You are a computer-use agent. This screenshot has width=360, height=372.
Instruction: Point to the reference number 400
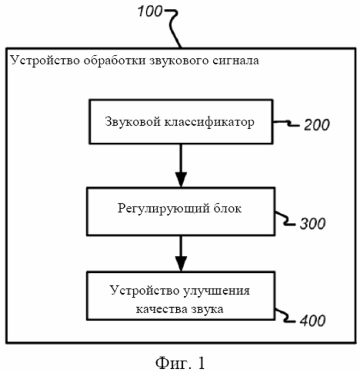[312, 320]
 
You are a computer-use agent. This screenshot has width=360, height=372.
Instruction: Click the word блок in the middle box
[227, 209]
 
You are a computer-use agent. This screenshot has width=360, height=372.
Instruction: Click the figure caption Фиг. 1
[180, 362]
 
